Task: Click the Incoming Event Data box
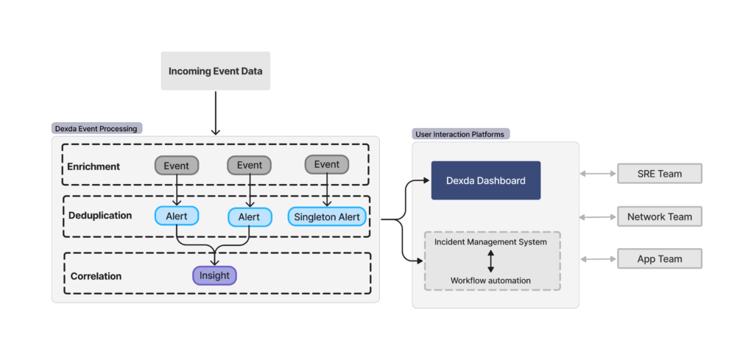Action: pyautogui.click(x=215, y=71)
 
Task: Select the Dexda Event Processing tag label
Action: pyautogui.click(x=96, y=128)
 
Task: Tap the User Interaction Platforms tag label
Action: pyautogui.click(x=460, y=134)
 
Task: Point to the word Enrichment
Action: pyautogui.click(x=94, y=166)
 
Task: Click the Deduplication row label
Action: pyautogui.click(x=100, y=216)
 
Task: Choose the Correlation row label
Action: pyautogui.click(x=96, y=276)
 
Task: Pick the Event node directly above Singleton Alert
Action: pyautogui.click(x=326, y=165)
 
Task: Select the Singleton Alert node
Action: pyautogui.click(x=327, y=216)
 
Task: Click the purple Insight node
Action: pyautogui.click(x=214, y=275)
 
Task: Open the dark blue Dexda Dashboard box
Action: pyautogui.click(x=486, y=180)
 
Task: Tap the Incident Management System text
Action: pyautogui.click(x=490, y=241)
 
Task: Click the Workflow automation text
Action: pyautogui.click(x=490, y=280)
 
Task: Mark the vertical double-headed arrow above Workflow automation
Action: pyautogui.click(x=490, y=261)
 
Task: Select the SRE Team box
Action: pyautogui.click(x=659, y=174)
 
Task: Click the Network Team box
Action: pyautogui.click(x=659, y=216)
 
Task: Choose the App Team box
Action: pyautogui.click(x=659, y=259)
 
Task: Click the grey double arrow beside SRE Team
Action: pyautogui.click(x=597, y=174)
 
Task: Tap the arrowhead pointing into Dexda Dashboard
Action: pyautogui.click(x=426, y=180)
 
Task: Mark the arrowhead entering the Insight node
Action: pyautogui.click(x=214, y=263)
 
